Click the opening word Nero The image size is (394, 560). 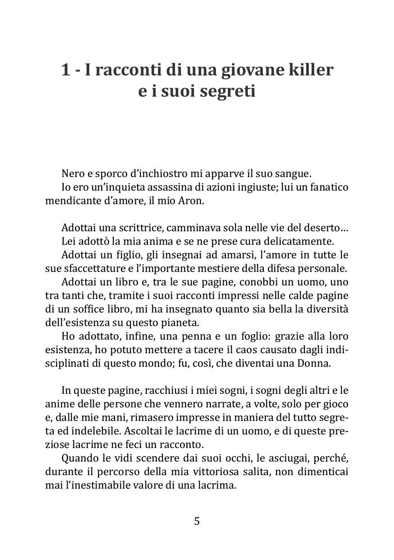[x=72, y=173]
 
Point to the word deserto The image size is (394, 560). [x=325, y=228]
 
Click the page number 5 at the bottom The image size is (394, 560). [x=197, y=521]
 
